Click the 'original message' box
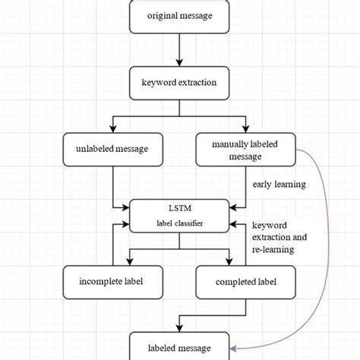(179, 16)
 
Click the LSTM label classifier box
(179, 216)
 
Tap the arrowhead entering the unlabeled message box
(112, 128)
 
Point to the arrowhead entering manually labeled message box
(244, 128)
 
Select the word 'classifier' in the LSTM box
(190, 224)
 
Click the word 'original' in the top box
(163, 16)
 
